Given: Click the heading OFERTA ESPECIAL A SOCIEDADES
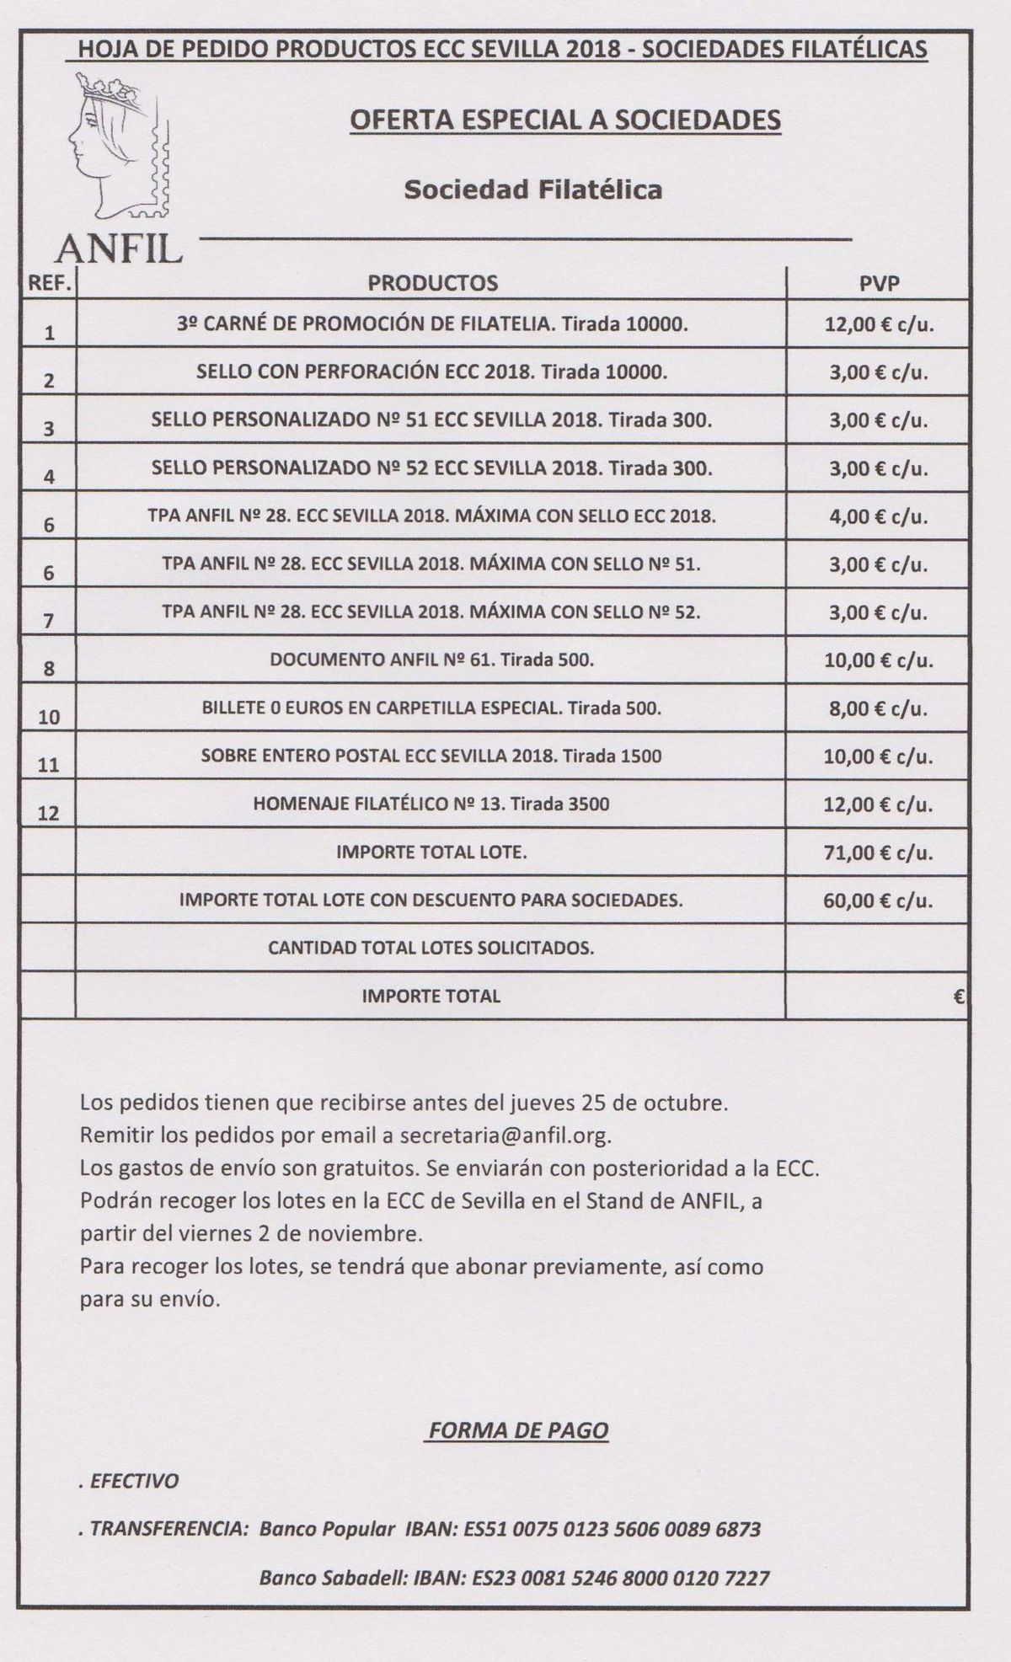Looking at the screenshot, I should (x=564, y=120).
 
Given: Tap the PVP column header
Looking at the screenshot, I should (x=879, y=283).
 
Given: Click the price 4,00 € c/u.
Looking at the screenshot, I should (x=878, y=516).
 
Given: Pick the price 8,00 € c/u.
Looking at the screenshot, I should (x=878, y=708).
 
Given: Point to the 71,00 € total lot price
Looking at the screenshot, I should (x=878, y=852).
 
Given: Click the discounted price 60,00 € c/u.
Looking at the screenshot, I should (x=878, y=900).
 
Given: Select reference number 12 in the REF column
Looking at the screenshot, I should (x=50, y=814).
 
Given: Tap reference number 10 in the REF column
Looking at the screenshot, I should (x=50, y=718).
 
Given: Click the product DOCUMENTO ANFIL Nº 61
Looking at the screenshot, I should (x=431, y=660).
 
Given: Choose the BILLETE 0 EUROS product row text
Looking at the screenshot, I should (x=431, y=708).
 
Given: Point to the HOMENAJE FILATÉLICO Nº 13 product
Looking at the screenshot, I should (x=431, y=804).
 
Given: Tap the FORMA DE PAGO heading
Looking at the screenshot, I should (x=518, y=1430).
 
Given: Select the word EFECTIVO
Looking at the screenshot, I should (x=134, y=1481).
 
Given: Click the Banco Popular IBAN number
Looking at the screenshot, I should (x=612, y=1529).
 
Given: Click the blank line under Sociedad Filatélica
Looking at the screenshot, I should (x=522, y=239).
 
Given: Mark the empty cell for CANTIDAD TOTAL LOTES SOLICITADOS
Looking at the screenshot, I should (x=876, y=948).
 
